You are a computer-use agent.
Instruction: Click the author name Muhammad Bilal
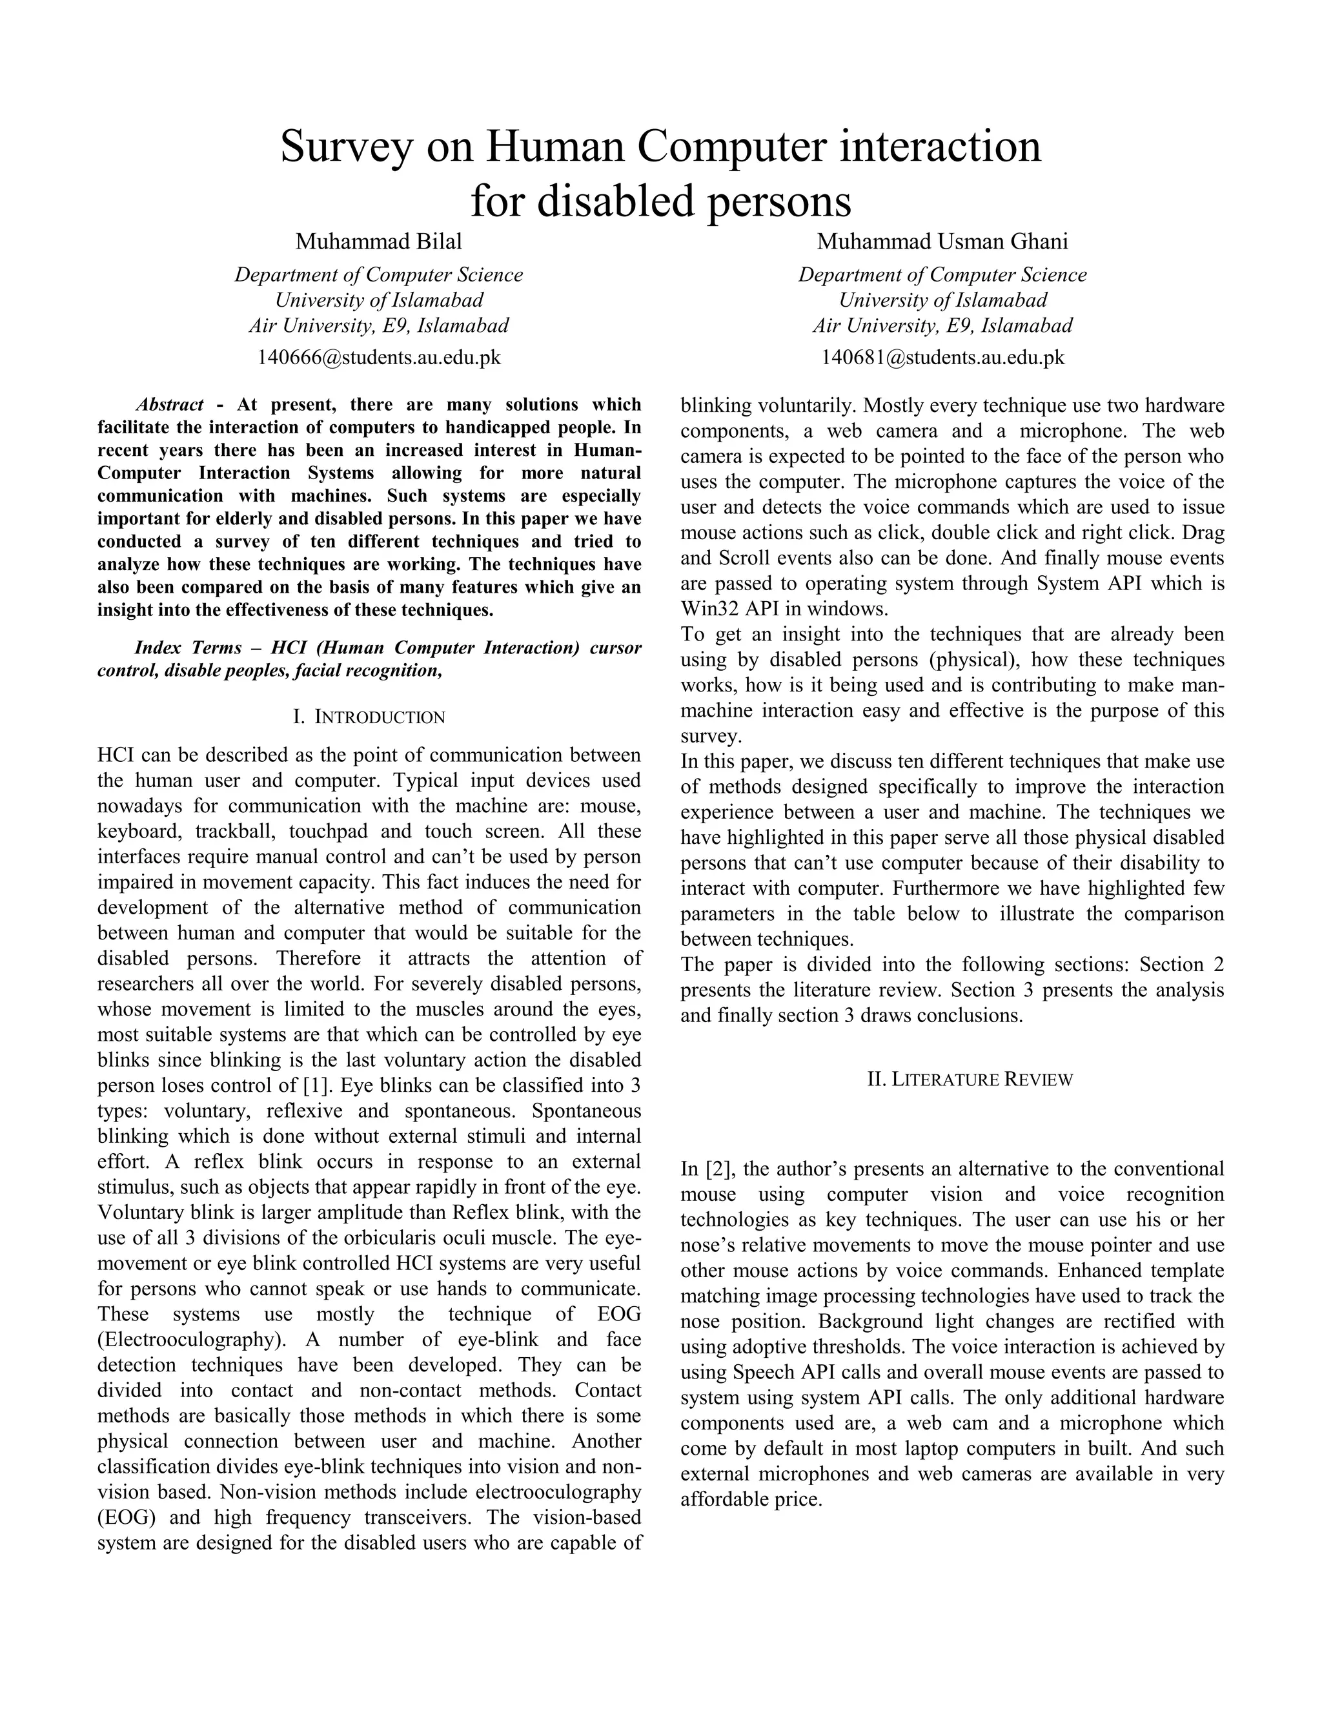(x=378, y=241)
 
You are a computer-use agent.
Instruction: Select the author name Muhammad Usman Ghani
(x=942, y=241)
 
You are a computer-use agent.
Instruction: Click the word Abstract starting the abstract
(x=169, y=405)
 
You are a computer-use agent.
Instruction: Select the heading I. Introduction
(x=369, y=717)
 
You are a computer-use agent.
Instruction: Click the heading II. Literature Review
(x=970, y=1080)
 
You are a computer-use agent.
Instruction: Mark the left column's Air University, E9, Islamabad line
(x=378, y=325)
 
